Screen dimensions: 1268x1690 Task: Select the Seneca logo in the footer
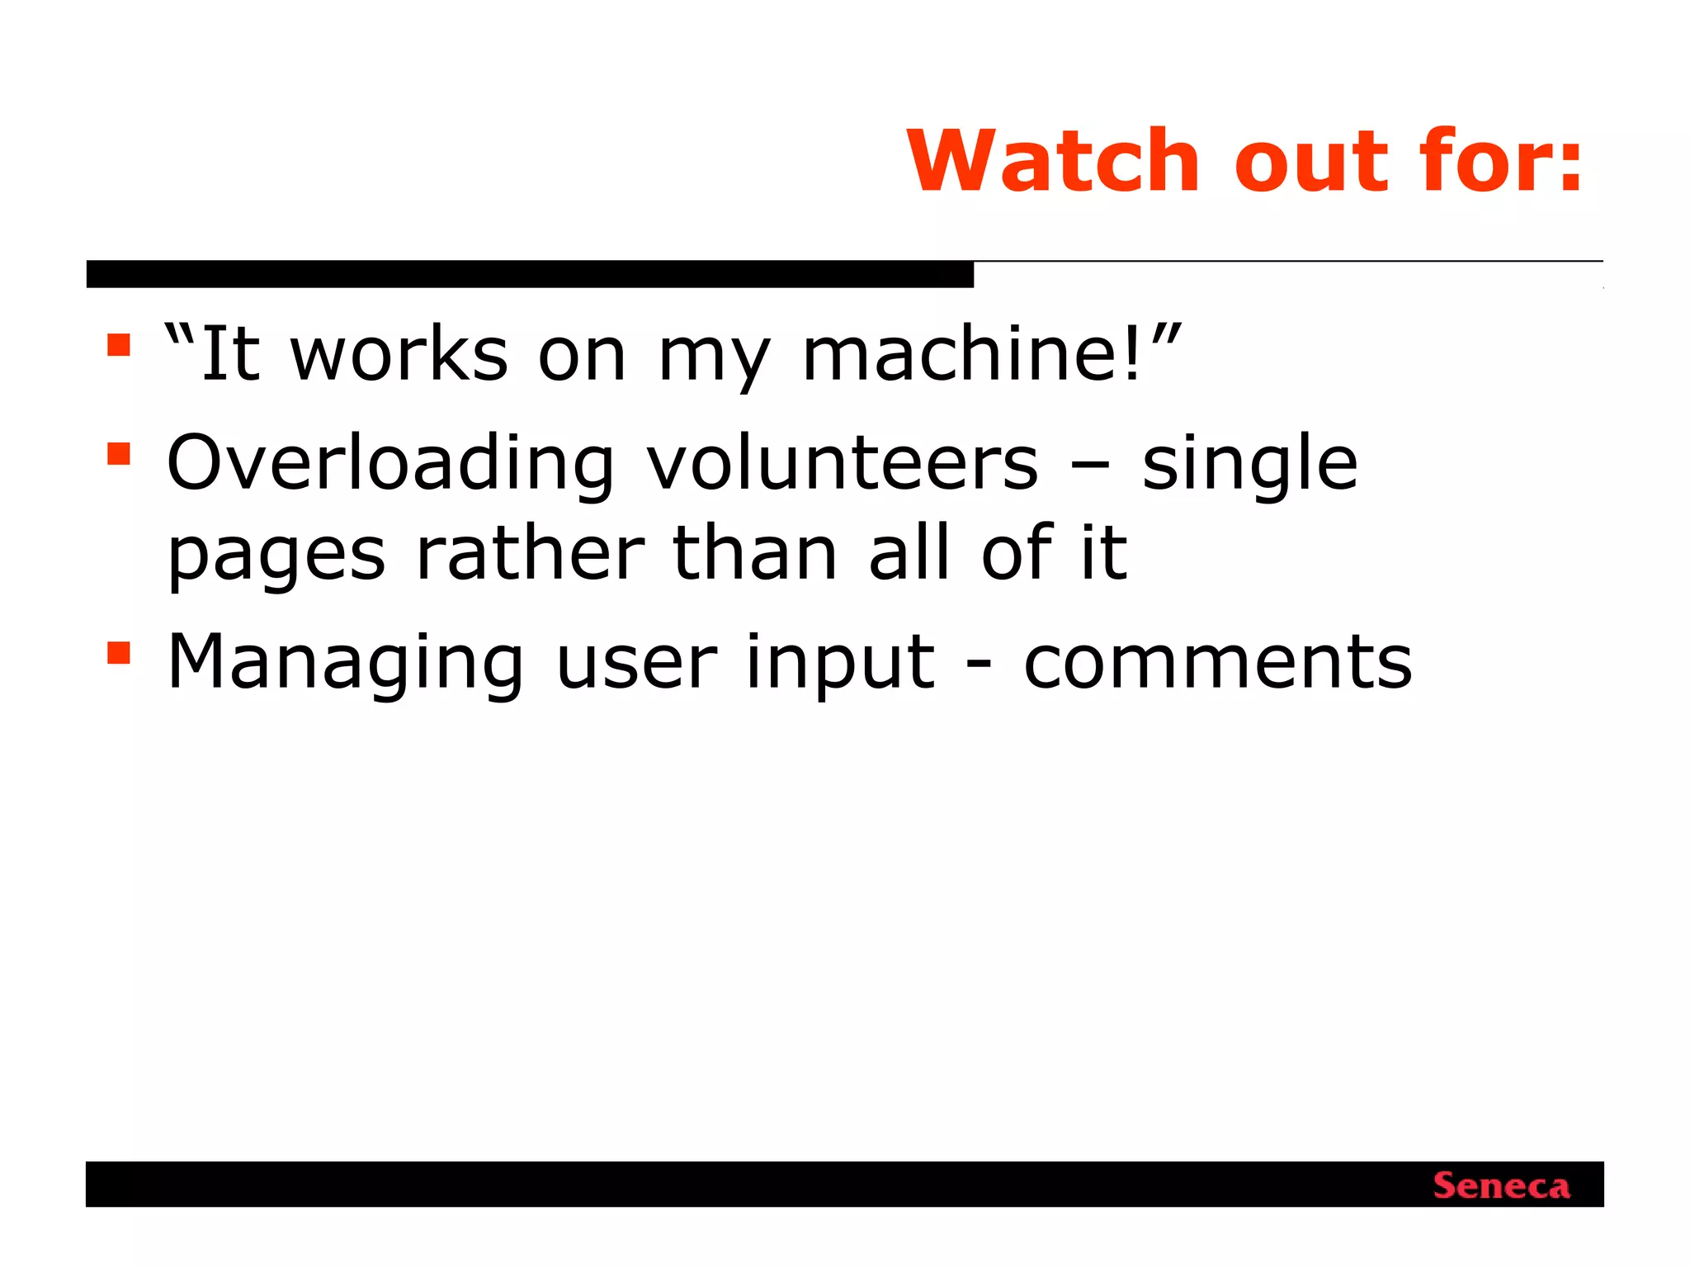pos(1501,1186)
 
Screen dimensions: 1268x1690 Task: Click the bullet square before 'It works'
pos(119,344)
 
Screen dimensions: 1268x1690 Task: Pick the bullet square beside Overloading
pos(119,454)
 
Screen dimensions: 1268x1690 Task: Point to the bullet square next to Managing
pos(119,653)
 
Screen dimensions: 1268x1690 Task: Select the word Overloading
pos(390,464)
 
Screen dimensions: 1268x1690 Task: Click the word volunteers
pos(842,464)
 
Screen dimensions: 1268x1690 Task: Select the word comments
pos(1218,663)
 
